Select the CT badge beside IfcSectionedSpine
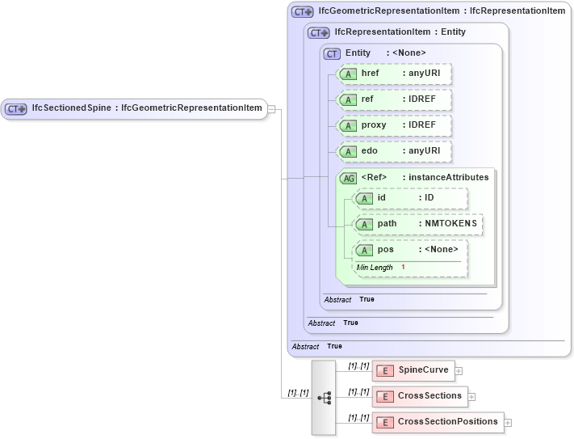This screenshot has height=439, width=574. (16, 108)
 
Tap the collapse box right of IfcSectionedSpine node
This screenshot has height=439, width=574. (272, 108)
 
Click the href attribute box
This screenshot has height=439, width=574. (394, 74)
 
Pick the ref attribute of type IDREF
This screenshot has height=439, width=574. (394, 99)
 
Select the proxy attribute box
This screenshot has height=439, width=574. (394, 126)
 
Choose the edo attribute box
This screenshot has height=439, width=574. (394, 152)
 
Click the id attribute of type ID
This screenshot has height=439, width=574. (411, 198)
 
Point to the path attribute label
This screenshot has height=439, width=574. (388, 224)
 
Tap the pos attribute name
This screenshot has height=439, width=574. (386, 250)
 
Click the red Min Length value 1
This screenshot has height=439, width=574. (403, 268)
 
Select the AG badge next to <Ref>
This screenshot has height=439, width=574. (348, 178)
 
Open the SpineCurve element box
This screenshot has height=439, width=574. (413, 370)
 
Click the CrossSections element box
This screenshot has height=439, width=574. (420, 396)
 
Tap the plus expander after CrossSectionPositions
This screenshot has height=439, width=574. (508, 423)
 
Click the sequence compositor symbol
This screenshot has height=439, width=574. (324, 398)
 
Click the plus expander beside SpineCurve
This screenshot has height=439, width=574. (459, 371)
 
